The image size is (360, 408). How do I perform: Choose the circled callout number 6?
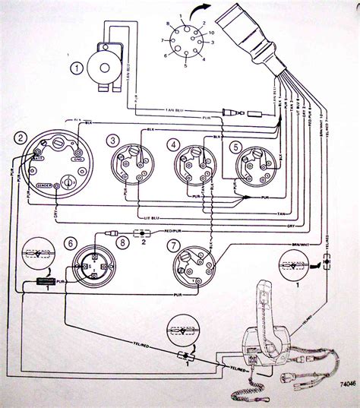pos(71,242)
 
